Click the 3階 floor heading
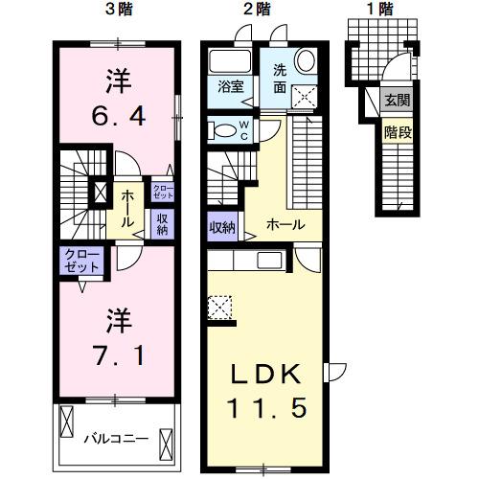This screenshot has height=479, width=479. pyautogui.click(x=119, y=10)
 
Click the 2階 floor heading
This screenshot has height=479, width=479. pyautogui.click(x=256, y=10)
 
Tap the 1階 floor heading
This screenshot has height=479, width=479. pyautogui.click(x=379, y=10)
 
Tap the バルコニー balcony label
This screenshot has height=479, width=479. pyautogui.click(x=114, y=439)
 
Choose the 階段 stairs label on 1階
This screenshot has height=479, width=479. pyautogui.click(x=399, y=132)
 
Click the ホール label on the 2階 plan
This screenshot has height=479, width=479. pyautogui.click(x=287, y=226)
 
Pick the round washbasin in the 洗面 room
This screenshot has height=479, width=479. pyautogui.click(x=306, y=60)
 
